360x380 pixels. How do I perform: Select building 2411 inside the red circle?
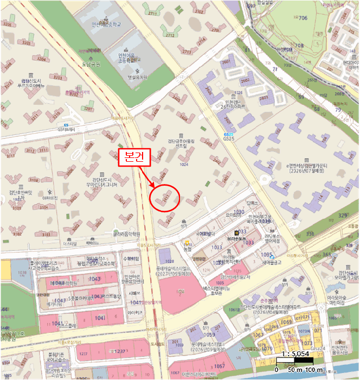tap(164, 198)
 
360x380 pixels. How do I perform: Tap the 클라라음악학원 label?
tap(127, 235)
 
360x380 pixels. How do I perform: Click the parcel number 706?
tap(302, 17)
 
